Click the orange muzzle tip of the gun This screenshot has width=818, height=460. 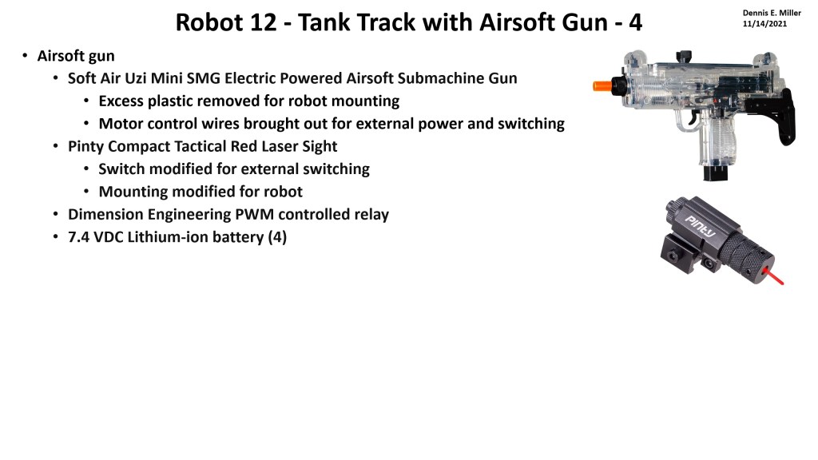(x=602, y=85)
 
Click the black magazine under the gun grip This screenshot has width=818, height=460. (x=713, y=172)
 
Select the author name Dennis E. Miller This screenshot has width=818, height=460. (x=771, y=13)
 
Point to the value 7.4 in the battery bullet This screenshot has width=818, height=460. (x=80, y=237)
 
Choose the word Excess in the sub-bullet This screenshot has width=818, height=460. (x=122, y=101)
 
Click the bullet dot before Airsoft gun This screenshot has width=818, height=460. (x=25, y=56)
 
